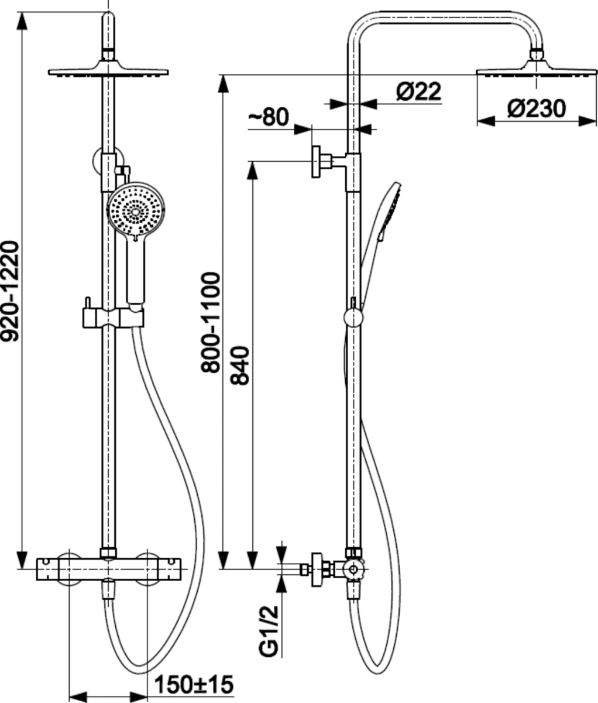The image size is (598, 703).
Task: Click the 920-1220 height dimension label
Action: (10, 291)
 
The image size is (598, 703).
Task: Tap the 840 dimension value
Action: (240, 366)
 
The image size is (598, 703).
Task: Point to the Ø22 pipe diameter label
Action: (418, 91)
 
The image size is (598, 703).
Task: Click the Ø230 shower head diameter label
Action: (537, 109)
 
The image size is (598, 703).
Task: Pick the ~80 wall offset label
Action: (269, 117)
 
